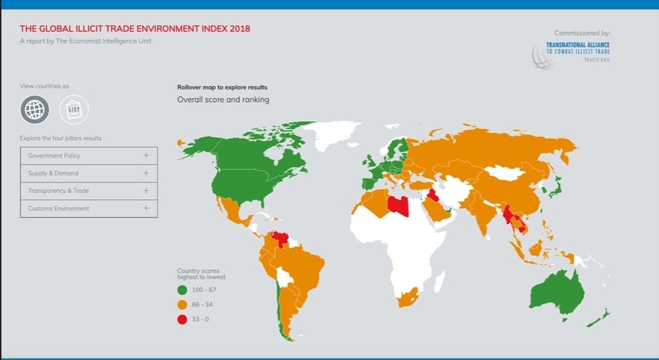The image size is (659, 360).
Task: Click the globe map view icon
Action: coord(35,109)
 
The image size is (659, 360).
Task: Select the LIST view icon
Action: coord(74,109)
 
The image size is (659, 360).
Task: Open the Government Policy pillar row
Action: coord(89,156)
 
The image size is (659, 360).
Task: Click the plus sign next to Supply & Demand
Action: coord(146,173)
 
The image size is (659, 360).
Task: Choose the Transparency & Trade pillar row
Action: coord(89,190)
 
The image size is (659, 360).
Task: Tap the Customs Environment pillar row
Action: coord(89,208)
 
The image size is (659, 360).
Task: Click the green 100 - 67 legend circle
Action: coord(183,290)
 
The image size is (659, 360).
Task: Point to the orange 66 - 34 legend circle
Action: coord(183,305)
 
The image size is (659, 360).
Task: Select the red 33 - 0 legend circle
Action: coord(183,319)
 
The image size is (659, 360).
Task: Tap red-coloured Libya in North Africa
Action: coord(398,204)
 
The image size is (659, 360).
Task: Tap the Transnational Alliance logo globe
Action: coord(543,54)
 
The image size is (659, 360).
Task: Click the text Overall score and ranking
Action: coord(223,100)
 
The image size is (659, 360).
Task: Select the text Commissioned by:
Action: coord(582,33)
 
